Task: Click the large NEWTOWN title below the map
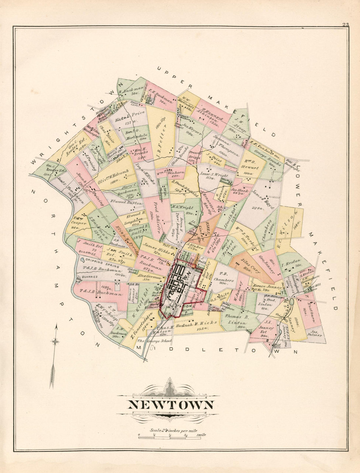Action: [171, 405]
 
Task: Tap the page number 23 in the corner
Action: [345, 24]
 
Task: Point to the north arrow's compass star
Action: [55, 341]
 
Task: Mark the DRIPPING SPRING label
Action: [99, 262]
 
